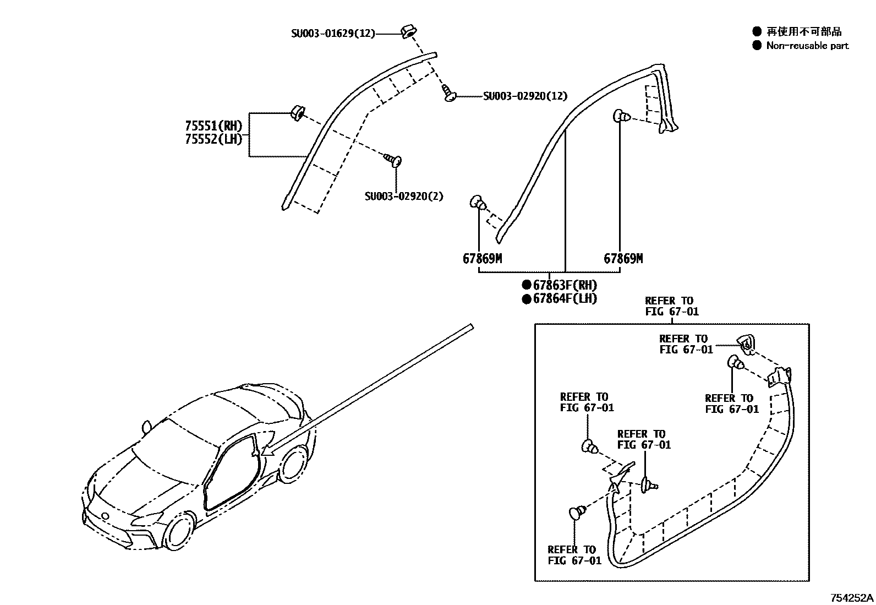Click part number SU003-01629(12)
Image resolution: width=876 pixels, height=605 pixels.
pos(333,34)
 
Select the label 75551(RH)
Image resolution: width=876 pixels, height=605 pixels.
pos(213,127)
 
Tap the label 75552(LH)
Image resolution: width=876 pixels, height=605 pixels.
pos(213,139)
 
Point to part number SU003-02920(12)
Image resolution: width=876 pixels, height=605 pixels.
pos(525,96)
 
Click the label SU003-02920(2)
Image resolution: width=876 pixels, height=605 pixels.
pos(404,196)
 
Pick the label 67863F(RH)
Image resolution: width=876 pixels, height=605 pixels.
pos(565,285)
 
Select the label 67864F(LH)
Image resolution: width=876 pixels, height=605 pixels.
pos(565,298)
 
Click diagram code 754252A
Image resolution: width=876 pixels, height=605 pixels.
pos(851,598)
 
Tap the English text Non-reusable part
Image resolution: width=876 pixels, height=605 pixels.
pos(807,46)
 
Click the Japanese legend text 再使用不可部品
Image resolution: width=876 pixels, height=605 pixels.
pos(804,32)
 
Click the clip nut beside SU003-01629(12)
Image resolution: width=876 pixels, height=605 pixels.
pos(408,31)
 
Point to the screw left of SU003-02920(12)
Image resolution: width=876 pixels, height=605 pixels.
pos(448,94)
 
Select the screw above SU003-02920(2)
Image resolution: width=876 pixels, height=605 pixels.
pos(393,160)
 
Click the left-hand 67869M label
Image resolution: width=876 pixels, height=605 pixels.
pos(482,259)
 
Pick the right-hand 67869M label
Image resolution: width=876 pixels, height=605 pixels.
pos(623,259)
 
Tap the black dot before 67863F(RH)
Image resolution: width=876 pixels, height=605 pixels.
pos(527,285)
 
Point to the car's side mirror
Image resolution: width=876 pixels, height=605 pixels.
pos(146,427)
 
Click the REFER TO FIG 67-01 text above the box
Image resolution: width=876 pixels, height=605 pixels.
pos(671,306)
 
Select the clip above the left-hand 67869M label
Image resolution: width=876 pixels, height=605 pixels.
pos(477,203)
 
